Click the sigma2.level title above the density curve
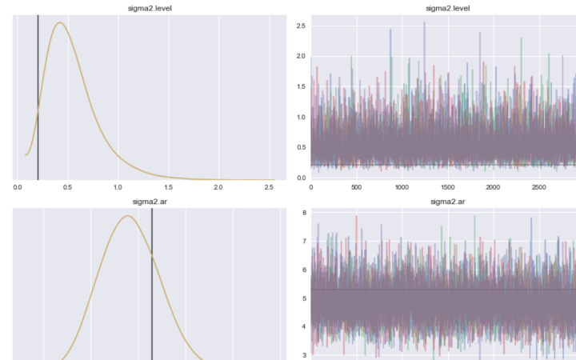point(145,8)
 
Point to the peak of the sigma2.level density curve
point(59,22)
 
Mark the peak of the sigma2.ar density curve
point(127,216)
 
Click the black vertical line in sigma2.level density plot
point(38,96)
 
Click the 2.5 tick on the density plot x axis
point(269,188)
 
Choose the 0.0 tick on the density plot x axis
point(18,188)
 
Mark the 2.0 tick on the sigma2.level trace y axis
point(301,57)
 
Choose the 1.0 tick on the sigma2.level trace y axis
point(301,118)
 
